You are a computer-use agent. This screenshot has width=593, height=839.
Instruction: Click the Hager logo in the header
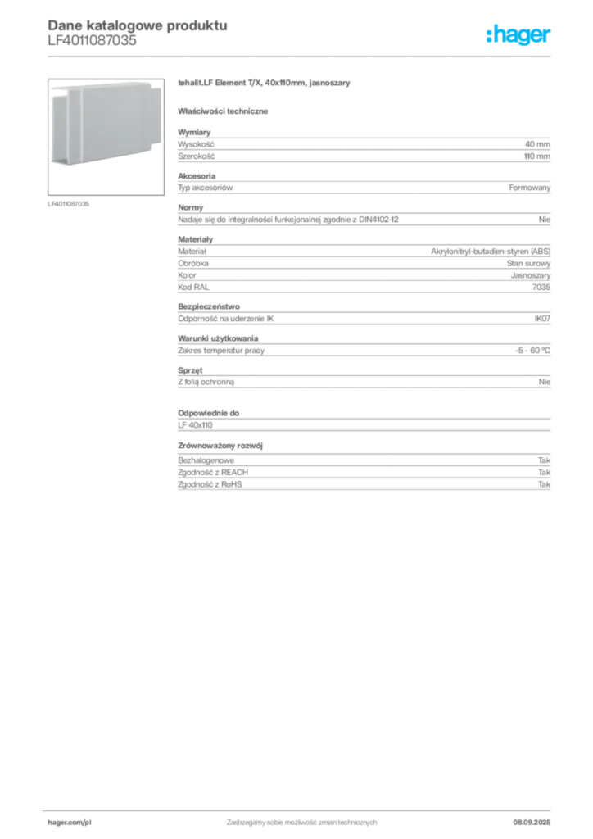tap(518, 34)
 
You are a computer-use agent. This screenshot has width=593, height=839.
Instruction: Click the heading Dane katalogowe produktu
tap(138, 25)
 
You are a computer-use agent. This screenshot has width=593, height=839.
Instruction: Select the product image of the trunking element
tap(106, 137)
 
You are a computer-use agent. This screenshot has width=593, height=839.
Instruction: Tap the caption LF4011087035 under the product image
tap(69, 204)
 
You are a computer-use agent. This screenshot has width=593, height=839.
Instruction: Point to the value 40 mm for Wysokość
tap(537, 144)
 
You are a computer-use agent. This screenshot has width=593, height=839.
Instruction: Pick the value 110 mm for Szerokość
tap(536, 156)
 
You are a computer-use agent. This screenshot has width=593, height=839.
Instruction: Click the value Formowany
tap(529, 188)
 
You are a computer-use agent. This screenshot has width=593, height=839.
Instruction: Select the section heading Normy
tap(190, 207)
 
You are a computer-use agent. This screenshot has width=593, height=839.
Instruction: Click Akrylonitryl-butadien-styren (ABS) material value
tap(491, 251)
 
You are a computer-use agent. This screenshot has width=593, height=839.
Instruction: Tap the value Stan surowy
tap(528, 263)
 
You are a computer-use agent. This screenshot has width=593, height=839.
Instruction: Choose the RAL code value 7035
tap(541, 288)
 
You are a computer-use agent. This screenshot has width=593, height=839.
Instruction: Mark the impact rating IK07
tap(542, 319)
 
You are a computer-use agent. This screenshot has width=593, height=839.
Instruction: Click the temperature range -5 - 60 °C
tap(532, 351)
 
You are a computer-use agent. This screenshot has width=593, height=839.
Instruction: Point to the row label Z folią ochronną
tap(206, 382)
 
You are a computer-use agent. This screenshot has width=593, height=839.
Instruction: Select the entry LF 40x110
tap(195, 425)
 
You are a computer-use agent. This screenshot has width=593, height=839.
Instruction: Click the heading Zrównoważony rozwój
tap(220, 446)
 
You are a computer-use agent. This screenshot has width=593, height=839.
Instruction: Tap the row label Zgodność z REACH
tap(213, 473)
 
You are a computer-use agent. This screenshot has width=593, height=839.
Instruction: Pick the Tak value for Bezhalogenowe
tap(544, 460)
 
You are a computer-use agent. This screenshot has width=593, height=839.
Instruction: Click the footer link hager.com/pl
tap(70, 823)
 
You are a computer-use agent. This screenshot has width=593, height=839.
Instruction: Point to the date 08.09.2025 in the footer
tap(532, 823)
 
